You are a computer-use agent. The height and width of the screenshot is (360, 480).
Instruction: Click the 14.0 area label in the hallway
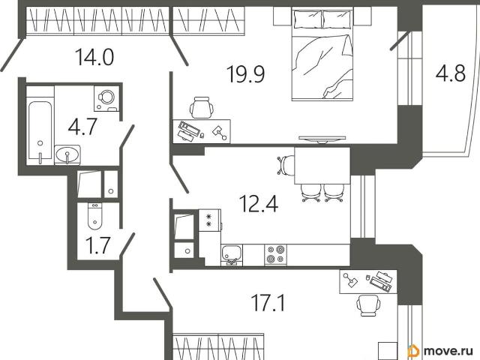(94, 57)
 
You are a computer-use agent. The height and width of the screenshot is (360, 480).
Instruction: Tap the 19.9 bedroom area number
(245, 74)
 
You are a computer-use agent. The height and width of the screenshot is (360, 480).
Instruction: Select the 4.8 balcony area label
(451, 73)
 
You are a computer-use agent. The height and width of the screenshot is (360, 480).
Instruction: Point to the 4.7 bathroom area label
(82, 127)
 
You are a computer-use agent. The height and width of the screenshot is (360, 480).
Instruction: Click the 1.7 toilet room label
(97, 245)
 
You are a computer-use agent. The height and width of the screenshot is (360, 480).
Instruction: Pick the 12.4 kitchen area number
(259, 204)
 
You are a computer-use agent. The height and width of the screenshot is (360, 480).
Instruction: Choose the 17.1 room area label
(268, 302)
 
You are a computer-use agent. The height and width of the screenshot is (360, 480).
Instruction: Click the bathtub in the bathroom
(40, 130)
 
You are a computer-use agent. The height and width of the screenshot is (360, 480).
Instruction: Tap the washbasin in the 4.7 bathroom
(67, 154)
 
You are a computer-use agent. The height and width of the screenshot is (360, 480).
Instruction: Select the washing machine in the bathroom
(106, 98)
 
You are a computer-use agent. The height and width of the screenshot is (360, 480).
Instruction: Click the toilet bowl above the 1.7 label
(95, 216)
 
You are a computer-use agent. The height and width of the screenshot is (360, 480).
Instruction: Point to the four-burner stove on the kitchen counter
(276, 254)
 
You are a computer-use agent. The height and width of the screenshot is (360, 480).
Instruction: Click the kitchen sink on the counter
(232, 255)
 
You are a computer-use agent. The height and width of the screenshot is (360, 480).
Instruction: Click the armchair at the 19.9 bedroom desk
(202, 107)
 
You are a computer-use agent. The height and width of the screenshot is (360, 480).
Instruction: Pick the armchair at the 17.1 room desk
(368, 305)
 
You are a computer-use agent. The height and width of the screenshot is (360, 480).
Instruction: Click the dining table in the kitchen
(322, 166)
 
